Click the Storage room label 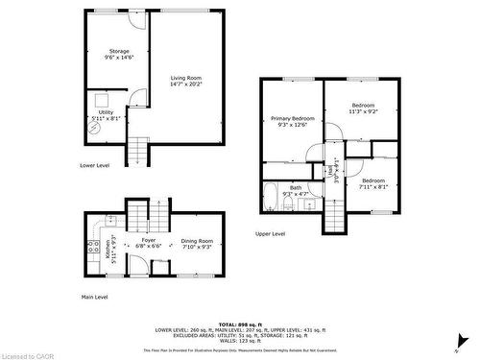118,55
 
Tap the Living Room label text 186,80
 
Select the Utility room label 106,115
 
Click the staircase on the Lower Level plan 139,151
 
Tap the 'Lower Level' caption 94,165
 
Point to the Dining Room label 197,244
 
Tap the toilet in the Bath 291,204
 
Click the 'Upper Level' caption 270,233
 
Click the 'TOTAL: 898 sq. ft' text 240,324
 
